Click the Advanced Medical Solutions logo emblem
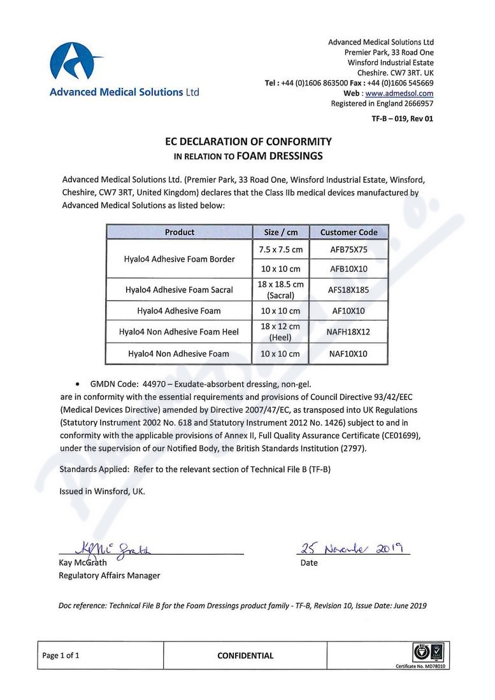click(x=76, y=62)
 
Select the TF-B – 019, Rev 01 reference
click(x=403, y=118)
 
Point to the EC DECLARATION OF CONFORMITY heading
click(x=248, y=141)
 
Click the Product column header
click(x=180, y=232)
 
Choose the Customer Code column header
click(x=348, y=232)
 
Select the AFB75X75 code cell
click(x=348, y=250)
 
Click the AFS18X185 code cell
click(x=348, y=290)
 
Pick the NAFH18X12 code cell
click(x=348, y=332)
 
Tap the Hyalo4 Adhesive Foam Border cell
click(x=180, y=259)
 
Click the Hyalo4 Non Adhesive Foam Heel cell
click(x=180, y=332)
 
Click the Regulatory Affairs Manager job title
click(x=110, y=575)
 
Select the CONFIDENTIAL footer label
click(x=245, y=655)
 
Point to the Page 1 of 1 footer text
click(x=61, y=655)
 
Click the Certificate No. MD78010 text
click(x=420, y=666)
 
